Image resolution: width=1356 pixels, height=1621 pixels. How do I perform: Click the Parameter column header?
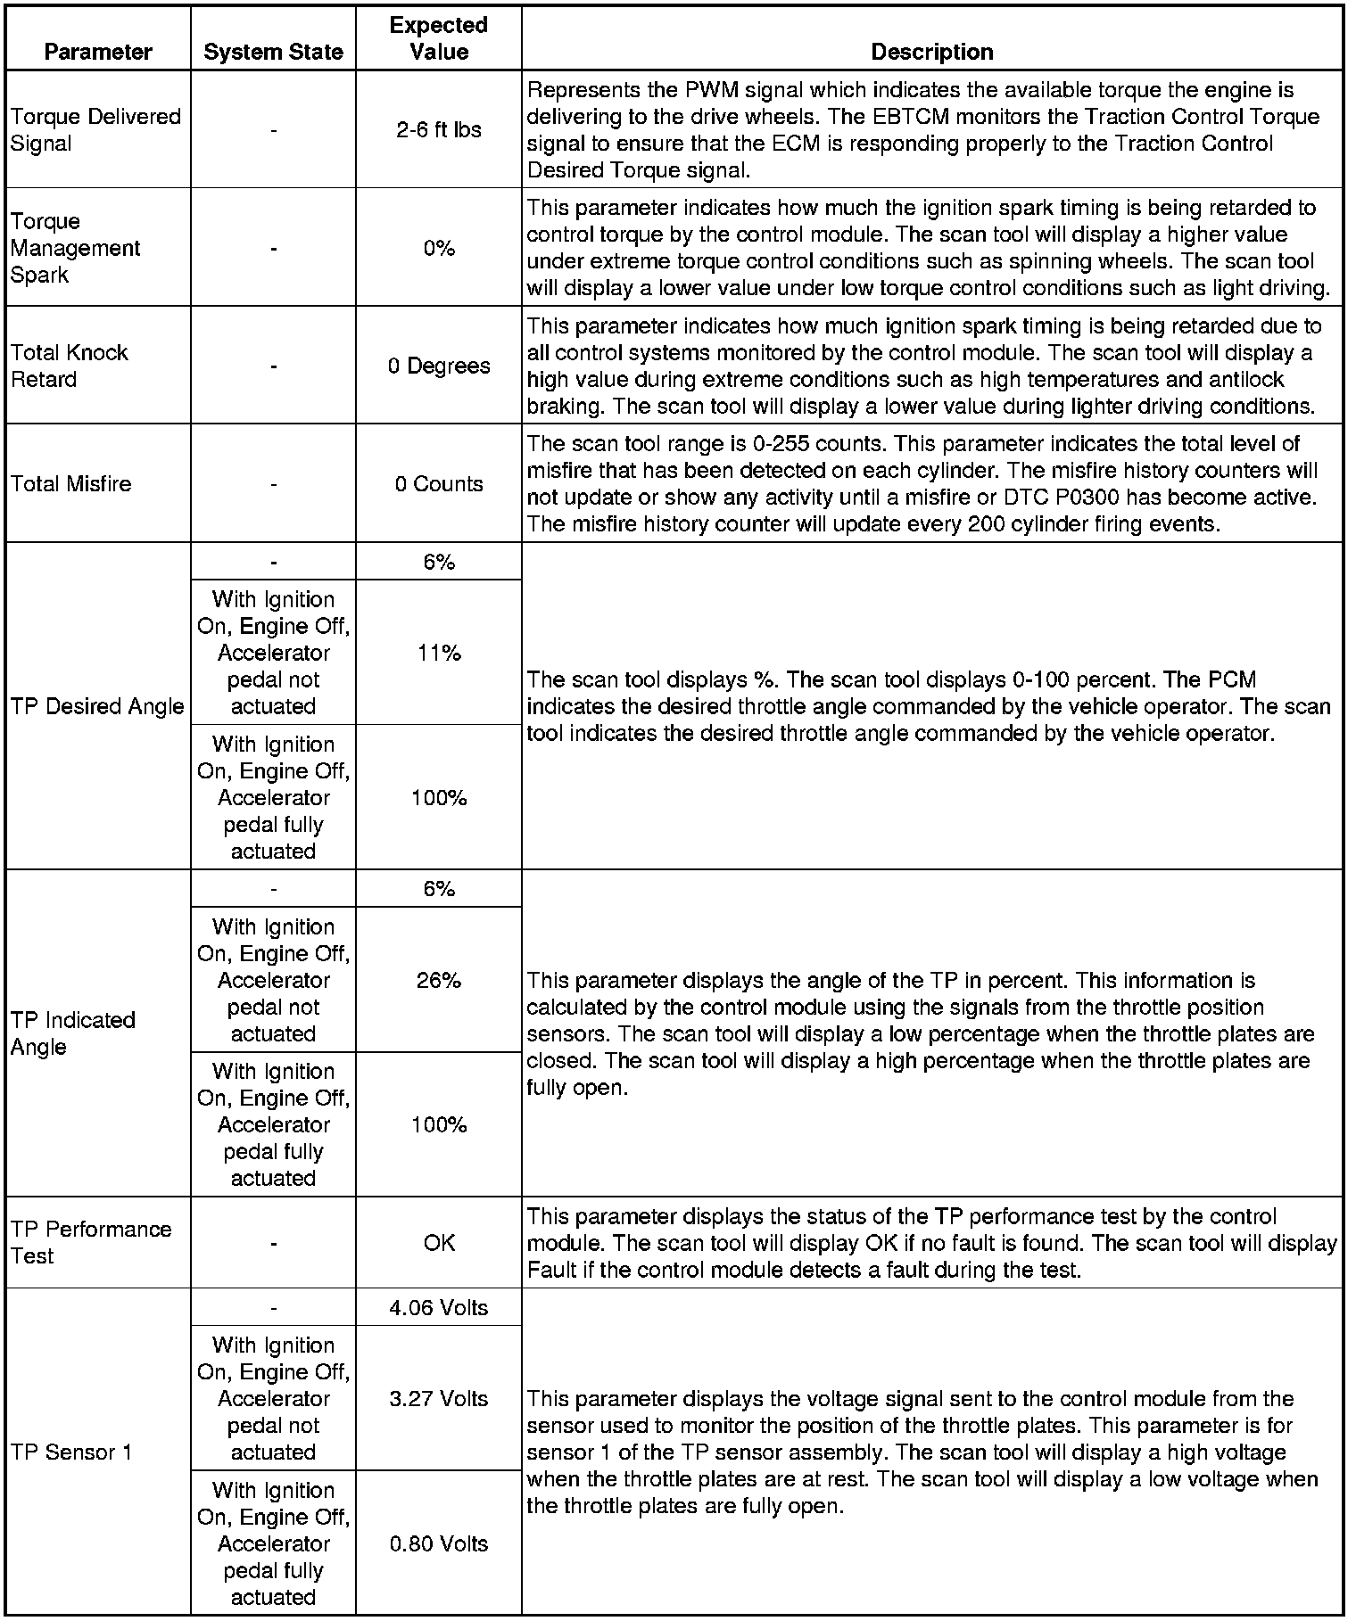pyautogui.click(x=98, y=52)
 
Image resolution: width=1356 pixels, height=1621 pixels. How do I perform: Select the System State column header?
pyautogui.click(x=273, y=52)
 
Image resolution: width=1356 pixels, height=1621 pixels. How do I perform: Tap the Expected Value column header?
pyautogui.click(x=439, y=38)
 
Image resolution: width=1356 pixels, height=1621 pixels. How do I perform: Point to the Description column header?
pyautogui.click(x=932, y=52)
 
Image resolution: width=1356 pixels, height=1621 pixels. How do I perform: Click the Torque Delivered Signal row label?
pyautogui.click(x=95, y=129)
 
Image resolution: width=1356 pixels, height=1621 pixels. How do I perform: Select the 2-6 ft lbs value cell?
pyautogui.click(x=439, y=129)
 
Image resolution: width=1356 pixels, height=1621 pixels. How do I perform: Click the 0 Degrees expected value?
pyautogui.click(x=439, y=366)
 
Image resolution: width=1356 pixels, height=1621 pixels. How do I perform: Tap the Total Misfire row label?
pyautogui.click(x=71, y=483)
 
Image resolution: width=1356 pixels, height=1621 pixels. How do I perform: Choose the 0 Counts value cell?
pyautogui.click(x=439, y=483)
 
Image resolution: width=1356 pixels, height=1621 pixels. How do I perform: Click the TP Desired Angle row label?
pyautogui.click(x=97, y=706)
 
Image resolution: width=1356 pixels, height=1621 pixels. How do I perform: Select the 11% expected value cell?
pyautogui.click(x=439, y=653)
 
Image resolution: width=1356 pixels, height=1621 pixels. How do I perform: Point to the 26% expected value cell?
pyautogui.click(x=439, y=980)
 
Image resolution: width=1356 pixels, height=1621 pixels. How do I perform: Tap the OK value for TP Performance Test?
pyautogui.click(x=439, y=1242)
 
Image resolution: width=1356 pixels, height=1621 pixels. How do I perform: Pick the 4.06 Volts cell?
pyautogui.click(x=439, y=1307)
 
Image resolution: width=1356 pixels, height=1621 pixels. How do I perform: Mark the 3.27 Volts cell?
pyautogui.click(x=439, y=1398)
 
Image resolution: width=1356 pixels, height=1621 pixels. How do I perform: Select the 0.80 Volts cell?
pyautogui.click(x=439, y=1543)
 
